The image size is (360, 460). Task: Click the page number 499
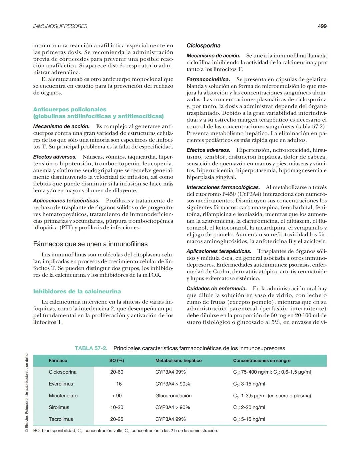pos(322,26)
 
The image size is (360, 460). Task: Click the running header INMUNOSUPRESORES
pos(60,26)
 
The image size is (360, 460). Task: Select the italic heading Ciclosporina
pos(203,45)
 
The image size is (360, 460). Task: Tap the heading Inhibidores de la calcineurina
pos(77,291)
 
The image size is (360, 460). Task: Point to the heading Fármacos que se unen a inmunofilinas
pos(90,244)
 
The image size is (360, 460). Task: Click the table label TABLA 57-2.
pos(91,348)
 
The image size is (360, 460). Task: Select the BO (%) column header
pos(116,360)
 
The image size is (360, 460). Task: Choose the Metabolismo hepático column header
pos(178,360)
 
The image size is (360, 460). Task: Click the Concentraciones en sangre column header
pos(262,360)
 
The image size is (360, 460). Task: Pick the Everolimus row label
pos(61,384)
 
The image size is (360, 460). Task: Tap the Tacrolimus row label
pos(61,419)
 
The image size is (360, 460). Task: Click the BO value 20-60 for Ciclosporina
pos(117,372)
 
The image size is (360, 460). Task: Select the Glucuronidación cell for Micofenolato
pos(173,396)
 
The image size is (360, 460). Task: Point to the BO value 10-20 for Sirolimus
pos(117,407)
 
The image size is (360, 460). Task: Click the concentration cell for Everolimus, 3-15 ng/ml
pos(249,384)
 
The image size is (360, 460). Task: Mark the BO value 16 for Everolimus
pos(119,384)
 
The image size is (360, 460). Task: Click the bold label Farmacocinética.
pos(208,79)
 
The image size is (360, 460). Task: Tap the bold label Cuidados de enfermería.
pos(216,288)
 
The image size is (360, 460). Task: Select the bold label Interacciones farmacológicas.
pos(223,187)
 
